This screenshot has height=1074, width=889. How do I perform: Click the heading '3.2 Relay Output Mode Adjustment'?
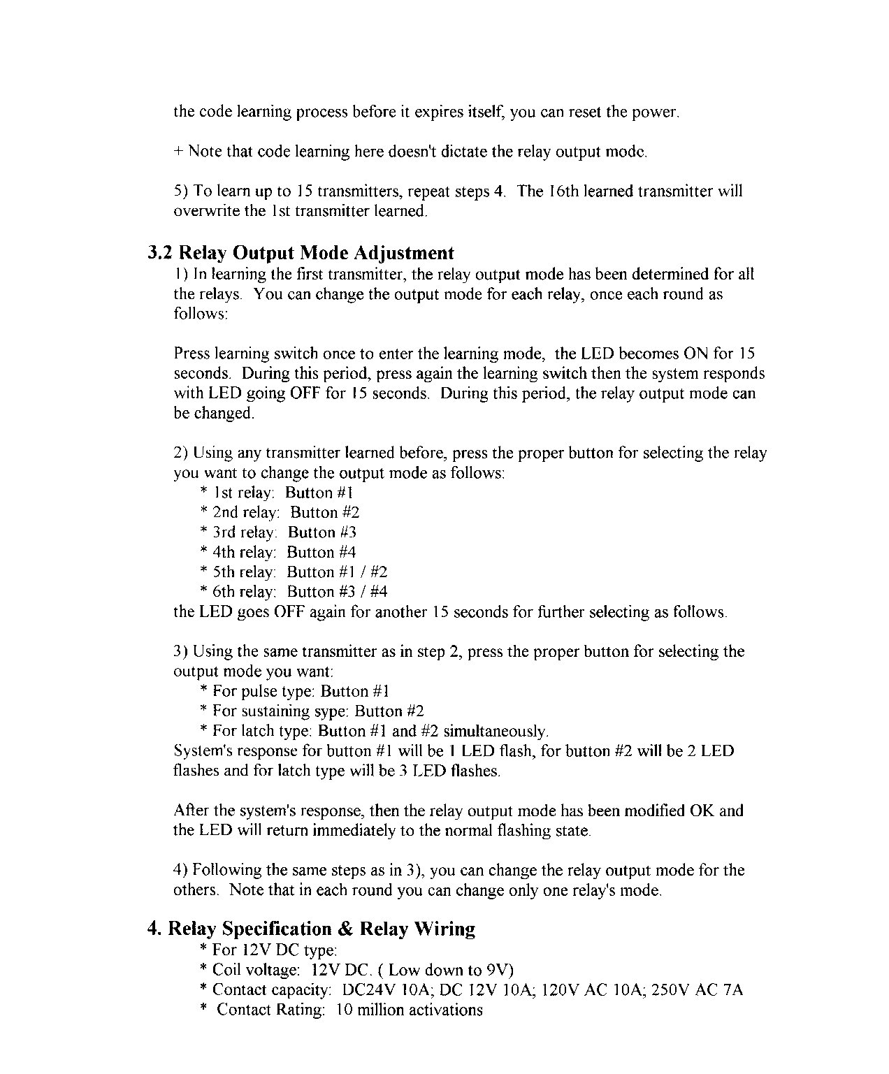click(x=301, y=252)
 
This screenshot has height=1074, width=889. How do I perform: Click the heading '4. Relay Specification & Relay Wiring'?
click(x=312, y=929)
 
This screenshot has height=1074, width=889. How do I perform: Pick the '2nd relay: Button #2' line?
click(x=280, y=512)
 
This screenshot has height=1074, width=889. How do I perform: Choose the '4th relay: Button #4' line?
click(x=278, y=552)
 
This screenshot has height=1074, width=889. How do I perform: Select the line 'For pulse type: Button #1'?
click(x=294, y=691)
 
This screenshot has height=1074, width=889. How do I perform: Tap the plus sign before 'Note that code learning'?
click(x=178, y=151)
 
